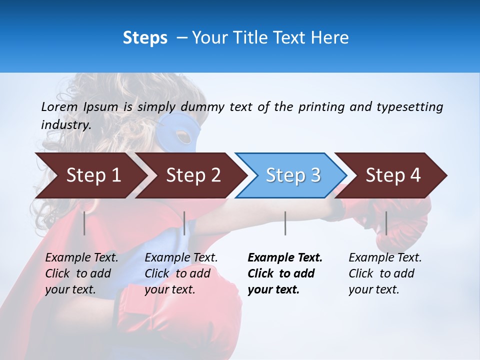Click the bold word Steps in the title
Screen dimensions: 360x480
(x=145, y=38)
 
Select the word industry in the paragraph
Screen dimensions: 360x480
(x=65, y=124)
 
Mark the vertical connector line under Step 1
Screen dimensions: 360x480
(x=84, y=223)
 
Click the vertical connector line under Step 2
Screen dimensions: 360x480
(x=184, y=223)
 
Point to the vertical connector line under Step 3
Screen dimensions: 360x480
(x=285, y=223)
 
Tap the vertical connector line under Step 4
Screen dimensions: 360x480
(x=386, y=223)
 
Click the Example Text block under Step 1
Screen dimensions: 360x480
(x=81, y=273)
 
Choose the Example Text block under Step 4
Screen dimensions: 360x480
(x=385, y=273)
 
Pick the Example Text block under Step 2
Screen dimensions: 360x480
(x=181, y=273)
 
